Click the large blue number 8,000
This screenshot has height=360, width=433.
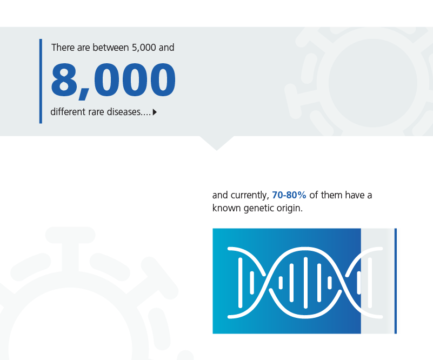[x=113, y=81]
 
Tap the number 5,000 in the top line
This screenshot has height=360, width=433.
[x=144, y=48]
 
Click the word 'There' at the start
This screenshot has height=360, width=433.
[x=63, y=48]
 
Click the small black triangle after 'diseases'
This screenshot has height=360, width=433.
[x=155, y=112]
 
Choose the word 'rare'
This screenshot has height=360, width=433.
[x=96, y=112]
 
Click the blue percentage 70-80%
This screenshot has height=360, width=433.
[x=289, y=195]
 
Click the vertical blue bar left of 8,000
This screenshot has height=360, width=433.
[x=41, y=81]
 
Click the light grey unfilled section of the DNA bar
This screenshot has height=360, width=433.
[x=378, y=281]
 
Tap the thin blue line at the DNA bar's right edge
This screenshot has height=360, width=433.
[x=396, y=281]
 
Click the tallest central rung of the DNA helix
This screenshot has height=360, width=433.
[x=305, y=283]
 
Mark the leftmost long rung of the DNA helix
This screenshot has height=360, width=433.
[x=240, y=283]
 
